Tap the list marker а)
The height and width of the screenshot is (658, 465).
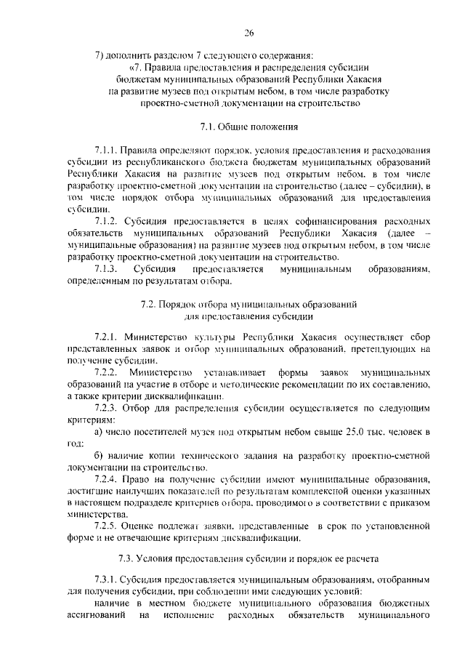[x=99, y=433]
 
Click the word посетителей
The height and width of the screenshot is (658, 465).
[x=159, y=433]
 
